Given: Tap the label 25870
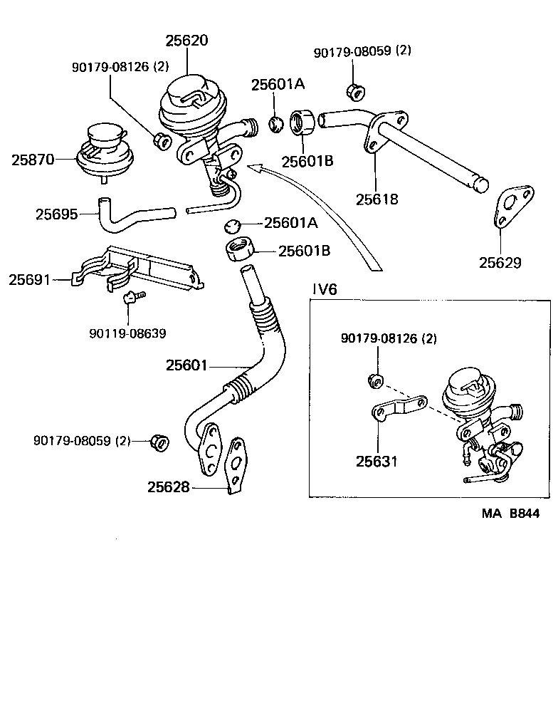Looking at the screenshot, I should (32, 160).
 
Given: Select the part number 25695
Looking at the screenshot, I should (56, 213).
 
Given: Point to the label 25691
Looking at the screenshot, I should (30, 280).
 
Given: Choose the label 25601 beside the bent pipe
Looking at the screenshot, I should (186, 365).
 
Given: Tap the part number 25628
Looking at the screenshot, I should (169, 487).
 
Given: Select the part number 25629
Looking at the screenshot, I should (500, 262).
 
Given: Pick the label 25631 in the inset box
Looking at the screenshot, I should (377, 461).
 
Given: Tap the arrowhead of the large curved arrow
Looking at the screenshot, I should (253, 167).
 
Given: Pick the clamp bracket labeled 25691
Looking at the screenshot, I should (135, 271).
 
